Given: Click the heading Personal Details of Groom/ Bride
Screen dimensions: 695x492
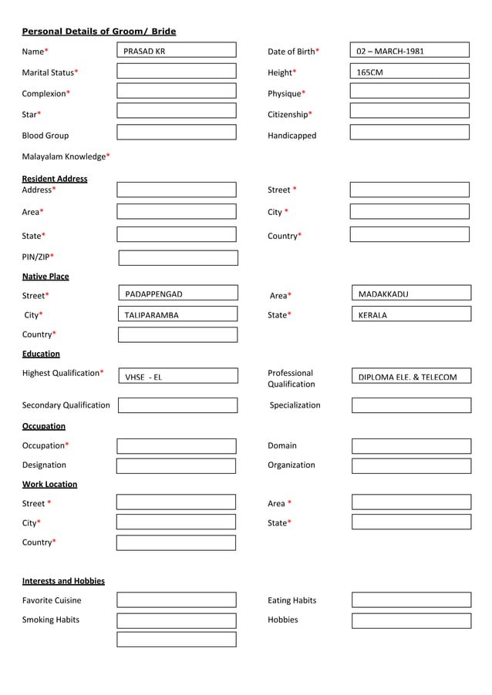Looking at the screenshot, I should coord(99,32).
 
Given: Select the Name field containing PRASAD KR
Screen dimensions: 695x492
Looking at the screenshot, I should coord(177,51).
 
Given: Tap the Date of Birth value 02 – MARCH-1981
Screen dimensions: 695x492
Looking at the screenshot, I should coord(409,51).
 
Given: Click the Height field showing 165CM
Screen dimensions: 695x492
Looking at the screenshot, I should coord(409,72).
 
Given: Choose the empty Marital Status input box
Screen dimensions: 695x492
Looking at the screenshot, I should coord(177,72).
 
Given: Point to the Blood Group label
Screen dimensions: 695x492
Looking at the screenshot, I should coord(45,136).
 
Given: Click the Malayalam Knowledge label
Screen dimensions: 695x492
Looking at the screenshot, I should coord(66,156).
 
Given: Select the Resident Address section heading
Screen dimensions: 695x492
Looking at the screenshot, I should coord(55,179).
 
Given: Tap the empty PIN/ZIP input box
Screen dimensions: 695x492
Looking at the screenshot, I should coord(178,257).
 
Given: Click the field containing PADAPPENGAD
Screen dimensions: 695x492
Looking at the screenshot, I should coord(178,294).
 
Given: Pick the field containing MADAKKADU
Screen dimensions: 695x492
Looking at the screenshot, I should coord(411,294).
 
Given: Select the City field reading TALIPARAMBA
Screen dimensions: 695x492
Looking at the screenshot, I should coord(178,314).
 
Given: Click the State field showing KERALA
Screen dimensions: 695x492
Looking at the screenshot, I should coord(411,314).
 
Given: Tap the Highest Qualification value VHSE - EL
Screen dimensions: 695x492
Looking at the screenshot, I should coord(178,377).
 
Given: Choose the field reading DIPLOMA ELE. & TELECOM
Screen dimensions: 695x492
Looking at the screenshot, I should coord(411,377).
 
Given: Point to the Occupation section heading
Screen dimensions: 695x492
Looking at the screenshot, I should coord(44,426).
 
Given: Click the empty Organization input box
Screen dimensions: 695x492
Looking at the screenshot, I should coord(411,465).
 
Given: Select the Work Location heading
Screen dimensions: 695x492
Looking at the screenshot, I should coord(49,485).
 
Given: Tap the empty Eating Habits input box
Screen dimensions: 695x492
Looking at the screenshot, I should coord(411,600).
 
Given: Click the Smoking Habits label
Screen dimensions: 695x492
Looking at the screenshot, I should coord(51,619).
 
